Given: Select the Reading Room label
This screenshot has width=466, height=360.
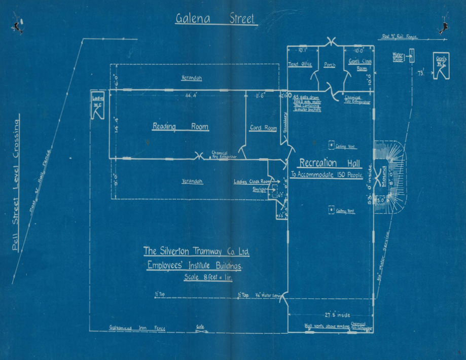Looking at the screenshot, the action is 181,127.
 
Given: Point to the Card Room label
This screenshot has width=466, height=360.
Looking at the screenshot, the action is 263,128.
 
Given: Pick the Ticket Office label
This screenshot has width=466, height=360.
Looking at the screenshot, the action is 300,64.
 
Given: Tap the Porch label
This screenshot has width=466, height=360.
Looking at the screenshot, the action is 330,64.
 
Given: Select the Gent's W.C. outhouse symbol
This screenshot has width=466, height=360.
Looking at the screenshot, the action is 440,67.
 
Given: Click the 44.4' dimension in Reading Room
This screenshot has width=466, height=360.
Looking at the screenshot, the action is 191,95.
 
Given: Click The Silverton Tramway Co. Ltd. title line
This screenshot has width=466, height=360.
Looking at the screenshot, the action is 196,251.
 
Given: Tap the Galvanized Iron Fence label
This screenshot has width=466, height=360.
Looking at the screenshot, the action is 136,328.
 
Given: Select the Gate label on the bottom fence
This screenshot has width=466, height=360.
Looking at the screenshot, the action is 201,327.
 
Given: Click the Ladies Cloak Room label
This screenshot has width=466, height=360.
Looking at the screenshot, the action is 252,181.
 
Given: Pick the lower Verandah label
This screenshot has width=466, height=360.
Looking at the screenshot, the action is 192,181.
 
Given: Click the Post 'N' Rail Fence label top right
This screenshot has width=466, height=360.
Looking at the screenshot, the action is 400,37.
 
